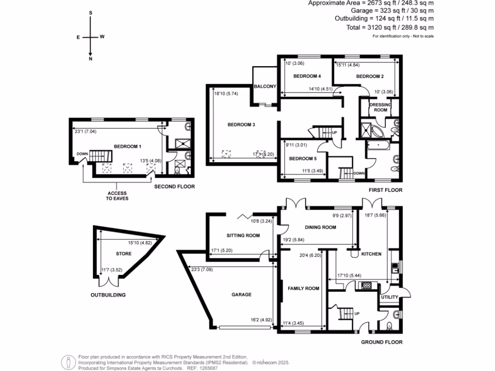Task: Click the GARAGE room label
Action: [241, 294]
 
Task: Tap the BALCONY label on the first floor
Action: [264, 86]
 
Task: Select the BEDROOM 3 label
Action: [241, 125]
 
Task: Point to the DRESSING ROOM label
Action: [380, 107]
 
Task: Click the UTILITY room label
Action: [389, 297]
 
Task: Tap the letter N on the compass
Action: [90, 59]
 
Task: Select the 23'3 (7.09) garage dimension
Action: [200, 270]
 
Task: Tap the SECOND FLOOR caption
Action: [174, 186]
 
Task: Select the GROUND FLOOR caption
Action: [382, 342]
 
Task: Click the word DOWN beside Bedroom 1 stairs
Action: [82, 155]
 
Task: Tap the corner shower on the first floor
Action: [371, 129]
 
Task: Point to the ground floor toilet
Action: [390, 325]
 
